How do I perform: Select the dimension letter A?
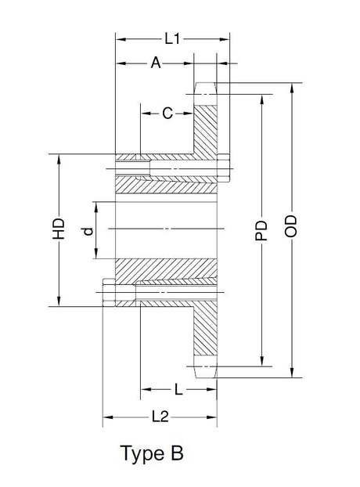tap(156, 64)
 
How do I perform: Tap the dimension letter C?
tap(167, 114)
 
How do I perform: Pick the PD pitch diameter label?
tap(262, 229)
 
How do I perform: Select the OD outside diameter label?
tap(292, 229)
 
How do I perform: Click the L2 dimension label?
tap(160, 417)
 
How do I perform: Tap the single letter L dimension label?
tap(179, 389)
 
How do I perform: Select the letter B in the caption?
tap(178, 453)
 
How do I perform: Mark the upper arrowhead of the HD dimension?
tap(59, 156)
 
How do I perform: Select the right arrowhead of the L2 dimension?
tap(215, 418)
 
